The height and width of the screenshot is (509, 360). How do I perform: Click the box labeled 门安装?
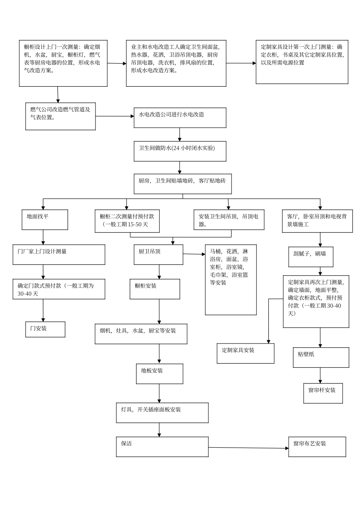45,329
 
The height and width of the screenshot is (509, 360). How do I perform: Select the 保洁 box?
162,447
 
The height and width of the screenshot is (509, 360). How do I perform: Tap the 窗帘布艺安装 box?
317,447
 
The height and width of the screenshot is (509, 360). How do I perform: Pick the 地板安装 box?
160,374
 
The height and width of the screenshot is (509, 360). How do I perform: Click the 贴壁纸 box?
321,357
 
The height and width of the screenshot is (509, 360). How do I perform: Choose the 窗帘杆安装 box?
323,393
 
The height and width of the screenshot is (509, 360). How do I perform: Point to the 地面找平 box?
45,220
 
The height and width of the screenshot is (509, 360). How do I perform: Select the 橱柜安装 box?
155,289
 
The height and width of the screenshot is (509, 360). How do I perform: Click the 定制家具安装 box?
245,353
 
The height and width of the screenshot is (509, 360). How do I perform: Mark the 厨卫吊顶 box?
158,254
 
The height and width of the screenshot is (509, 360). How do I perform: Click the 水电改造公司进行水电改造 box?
180,117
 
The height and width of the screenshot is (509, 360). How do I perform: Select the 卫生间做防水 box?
180,151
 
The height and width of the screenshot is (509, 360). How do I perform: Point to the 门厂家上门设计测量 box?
59,254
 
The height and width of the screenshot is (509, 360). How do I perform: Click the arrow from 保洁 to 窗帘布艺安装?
248,448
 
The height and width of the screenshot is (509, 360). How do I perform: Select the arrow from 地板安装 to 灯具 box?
159,393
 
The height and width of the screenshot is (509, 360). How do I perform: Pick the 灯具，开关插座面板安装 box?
162,412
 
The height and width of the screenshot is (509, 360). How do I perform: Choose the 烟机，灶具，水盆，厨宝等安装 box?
141,334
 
